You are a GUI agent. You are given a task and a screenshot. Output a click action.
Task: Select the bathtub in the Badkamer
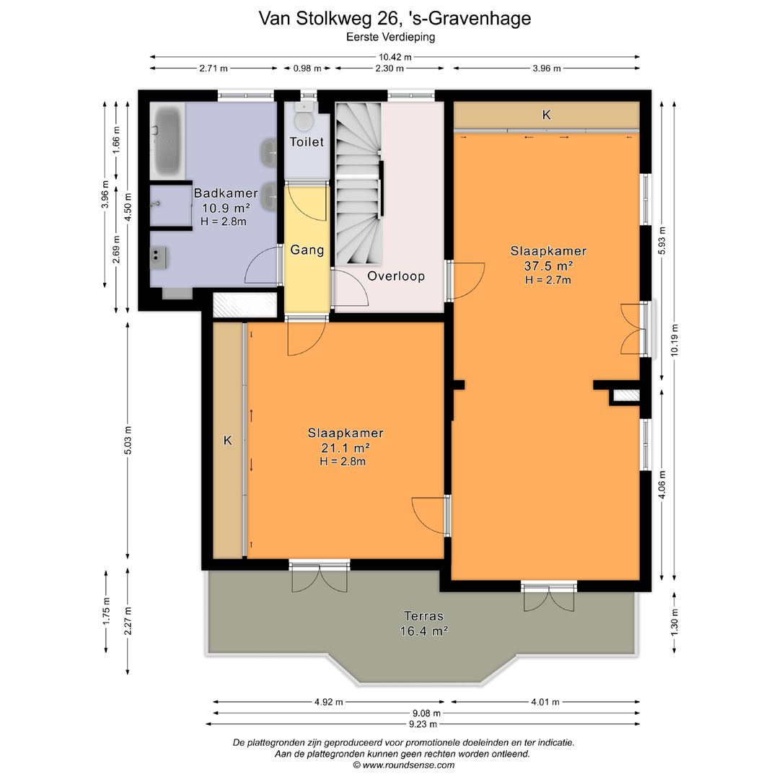click(x=167, y=140)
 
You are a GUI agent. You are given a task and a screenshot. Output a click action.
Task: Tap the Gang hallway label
click(x=307, y=250)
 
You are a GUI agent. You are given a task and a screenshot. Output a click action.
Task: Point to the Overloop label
click(x=395, y=276)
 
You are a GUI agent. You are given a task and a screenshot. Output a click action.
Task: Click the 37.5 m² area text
click(x=548, y=265)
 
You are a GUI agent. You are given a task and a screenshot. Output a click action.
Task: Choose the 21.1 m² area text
click(x=345, y=448)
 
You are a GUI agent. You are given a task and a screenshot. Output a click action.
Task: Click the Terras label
click(x=423, y=616)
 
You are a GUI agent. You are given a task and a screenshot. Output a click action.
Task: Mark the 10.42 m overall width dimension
click(x=395, y=57)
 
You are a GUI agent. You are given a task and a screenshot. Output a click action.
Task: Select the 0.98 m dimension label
click(x=307, y=69)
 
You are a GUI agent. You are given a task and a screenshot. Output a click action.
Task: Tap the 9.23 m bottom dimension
click(x=422, y=723)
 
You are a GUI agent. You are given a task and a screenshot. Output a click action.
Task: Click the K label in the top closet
click(x=546, y=115)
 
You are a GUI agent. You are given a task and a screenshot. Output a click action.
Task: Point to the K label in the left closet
click(x=227, y=440)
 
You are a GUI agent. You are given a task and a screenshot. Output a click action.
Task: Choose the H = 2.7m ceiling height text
click(x=548, y=280)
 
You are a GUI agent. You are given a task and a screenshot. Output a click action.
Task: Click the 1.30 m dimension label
click(x=674, y=620)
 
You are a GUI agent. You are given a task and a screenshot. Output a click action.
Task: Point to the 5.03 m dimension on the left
click(x=128, y=440)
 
